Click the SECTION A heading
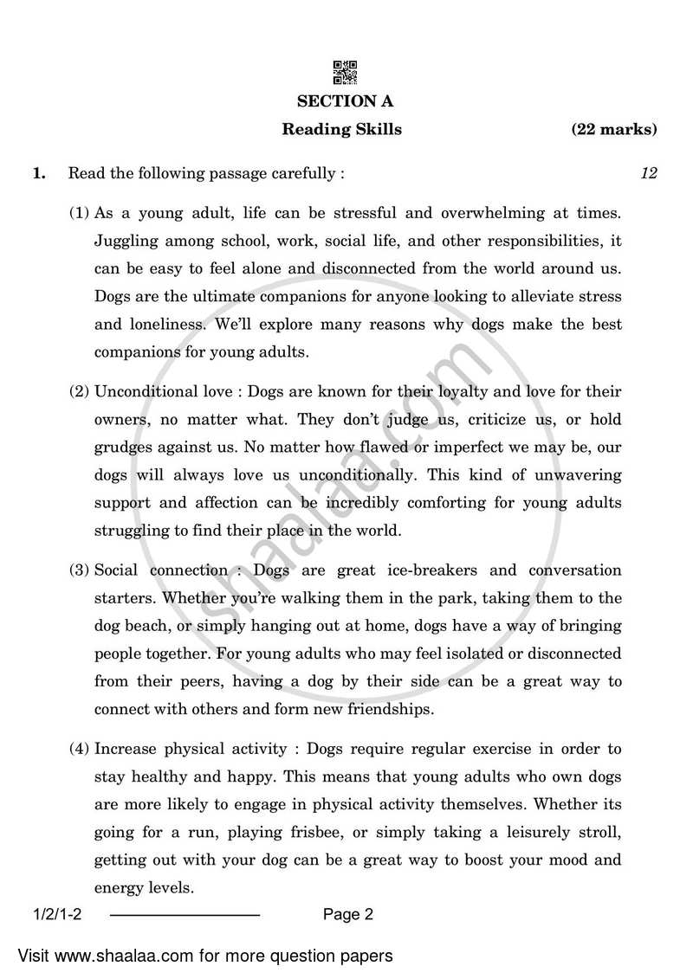coord(345,101)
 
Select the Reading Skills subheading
coord(341,130)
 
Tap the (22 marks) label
coord(613,130)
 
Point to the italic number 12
coord(648,173)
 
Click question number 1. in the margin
coord(38,173)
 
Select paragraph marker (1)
coord(80,212)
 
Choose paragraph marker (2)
coord(80,391)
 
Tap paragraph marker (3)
coord(80,570)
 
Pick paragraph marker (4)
coord(80,749)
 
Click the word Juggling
coord(121,241)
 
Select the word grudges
coord(124,448)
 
